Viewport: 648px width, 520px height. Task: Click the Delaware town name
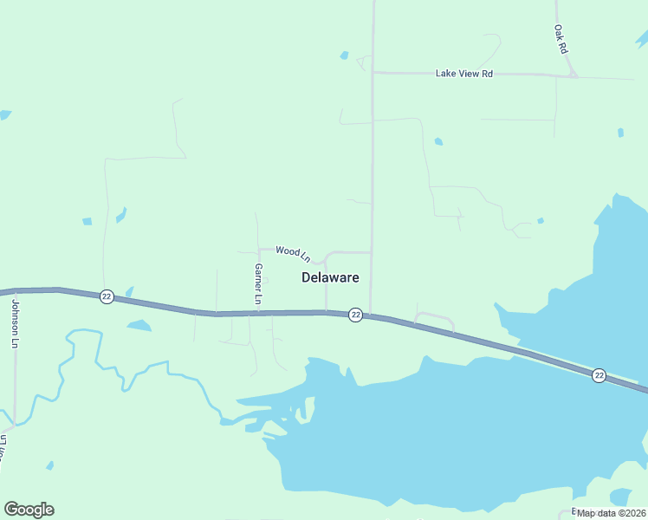(330, 277)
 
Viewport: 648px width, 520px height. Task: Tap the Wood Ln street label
(293, 252)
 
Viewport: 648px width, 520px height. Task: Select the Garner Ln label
(258, 283)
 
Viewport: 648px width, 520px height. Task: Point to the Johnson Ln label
(15, 322)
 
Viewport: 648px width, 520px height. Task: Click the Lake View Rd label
(463, 74)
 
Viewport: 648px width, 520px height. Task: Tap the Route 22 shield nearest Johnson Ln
(107, 296)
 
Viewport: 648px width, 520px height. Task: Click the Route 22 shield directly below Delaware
(355, 315)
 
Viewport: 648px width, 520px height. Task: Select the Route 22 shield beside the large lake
(599, 374)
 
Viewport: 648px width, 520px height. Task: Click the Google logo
(29, 510)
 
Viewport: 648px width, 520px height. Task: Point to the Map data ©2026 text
(612, 513)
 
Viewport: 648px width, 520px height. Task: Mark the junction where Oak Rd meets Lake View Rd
(573, 75)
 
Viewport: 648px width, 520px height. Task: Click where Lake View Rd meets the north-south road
(373, 73)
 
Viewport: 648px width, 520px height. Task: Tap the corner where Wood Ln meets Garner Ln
(259, 250)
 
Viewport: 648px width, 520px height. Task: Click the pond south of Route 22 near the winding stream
(139, 326)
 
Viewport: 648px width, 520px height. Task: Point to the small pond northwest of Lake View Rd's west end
(345, 55)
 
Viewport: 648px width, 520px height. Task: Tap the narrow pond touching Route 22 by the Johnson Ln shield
(129, 292)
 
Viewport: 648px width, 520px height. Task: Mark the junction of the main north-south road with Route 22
(371, 315)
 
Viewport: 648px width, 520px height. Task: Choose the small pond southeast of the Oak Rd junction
(620, 133)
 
